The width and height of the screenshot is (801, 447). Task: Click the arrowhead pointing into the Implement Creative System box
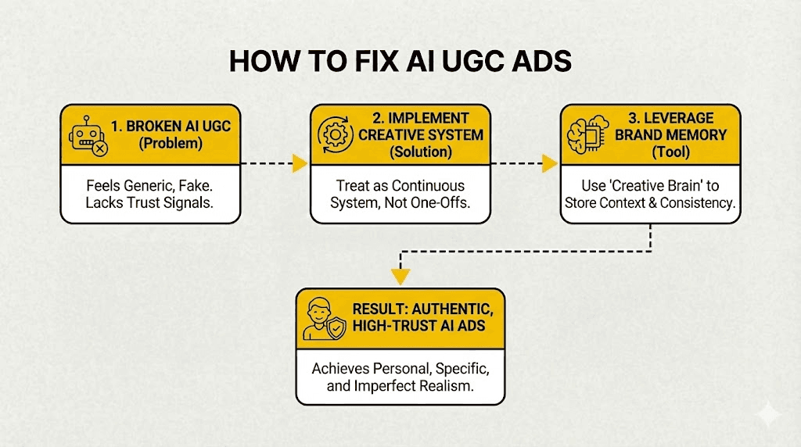click(x=299, y=164)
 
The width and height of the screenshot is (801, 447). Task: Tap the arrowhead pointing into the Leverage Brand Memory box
click(x=549, y=164)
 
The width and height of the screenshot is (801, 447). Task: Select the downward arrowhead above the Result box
click(x=400, y=276)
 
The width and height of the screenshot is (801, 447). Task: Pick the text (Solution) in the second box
click(x=421, y=152)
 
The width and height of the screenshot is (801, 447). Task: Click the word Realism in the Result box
click(x=444, y=385)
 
